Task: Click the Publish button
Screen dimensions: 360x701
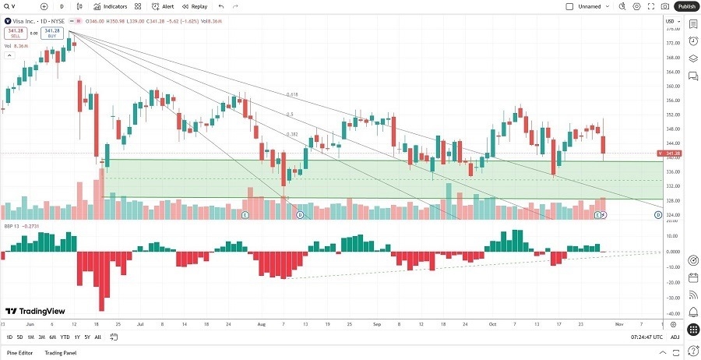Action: (685, 6)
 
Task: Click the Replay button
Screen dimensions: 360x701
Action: (195, 6)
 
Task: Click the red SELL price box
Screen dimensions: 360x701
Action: (13, 34)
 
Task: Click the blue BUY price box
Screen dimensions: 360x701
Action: (51, 34)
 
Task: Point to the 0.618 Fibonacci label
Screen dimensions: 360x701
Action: (291, 94)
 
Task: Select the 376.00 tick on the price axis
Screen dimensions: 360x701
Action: (674, 30)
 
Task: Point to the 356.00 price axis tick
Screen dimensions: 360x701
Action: (674, 101)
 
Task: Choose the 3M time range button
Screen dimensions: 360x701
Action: (41, 337)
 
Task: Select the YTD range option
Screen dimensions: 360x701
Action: (65, 337)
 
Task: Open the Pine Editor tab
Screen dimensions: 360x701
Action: (19, 353)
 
